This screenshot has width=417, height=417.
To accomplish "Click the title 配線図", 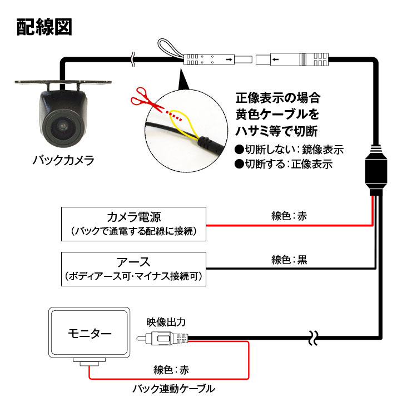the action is (x=44, y=27).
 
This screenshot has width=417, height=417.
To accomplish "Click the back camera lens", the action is (x=63, y=127).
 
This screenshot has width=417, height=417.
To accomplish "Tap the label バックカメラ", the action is (x=63, y=160).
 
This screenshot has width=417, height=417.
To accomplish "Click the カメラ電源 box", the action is (x=133, y=224).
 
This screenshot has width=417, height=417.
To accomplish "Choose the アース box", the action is (x=133, y=269).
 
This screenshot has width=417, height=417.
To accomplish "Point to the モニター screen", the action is (x=90, y=332).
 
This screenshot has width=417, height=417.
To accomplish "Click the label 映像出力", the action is (x=166, y=322).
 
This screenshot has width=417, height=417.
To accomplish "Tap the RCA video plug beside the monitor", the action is (x=162, y=338).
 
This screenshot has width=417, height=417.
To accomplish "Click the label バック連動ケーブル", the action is (x=173, y=389).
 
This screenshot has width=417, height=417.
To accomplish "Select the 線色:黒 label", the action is (x=289, y=260).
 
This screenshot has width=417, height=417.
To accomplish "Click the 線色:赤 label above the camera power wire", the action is (x=289, y=216).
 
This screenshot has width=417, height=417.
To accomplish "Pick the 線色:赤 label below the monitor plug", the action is (x=171, y=370).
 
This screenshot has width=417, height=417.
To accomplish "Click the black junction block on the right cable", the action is (x=376, y=170).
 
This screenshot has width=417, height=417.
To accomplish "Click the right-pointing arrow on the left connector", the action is (x=229, y=59).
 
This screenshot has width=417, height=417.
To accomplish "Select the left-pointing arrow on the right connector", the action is (x=275, y=59).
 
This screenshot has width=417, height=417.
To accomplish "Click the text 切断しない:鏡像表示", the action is (x=289, y=150).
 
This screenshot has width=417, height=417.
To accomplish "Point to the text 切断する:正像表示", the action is (x=284, y=164).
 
